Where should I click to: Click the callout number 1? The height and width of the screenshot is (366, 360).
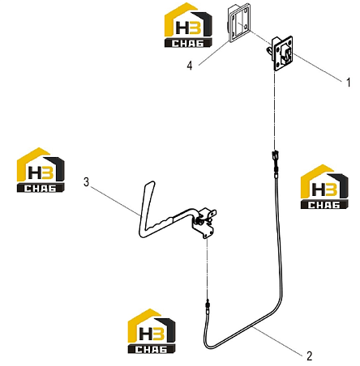(x=349, y=83)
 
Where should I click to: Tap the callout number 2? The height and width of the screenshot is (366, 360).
(x=310, y=356)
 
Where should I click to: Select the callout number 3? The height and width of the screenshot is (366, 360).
(x=86, y=182)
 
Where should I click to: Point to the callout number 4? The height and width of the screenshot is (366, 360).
(x=190, y=66)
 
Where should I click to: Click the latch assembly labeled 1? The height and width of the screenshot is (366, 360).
(x=281, y=53)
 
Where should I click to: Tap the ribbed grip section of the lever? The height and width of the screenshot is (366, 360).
(x=161, y=222)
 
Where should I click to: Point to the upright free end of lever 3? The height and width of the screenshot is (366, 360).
(x=149, y=184)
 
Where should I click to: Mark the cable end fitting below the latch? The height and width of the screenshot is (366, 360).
(x=275, y=161)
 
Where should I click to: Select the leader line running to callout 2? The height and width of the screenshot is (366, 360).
(x=277, y=340)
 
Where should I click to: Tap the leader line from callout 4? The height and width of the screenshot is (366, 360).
(x=213, y=53)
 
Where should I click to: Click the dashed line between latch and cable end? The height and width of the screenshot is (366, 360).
(x=275, y=111)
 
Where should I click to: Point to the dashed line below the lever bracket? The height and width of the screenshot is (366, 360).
(x=208, y=270)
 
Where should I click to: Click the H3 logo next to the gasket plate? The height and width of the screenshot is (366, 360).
(x=188, y=25)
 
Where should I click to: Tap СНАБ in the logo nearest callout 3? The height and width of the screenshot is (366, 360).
(x=41, y=188)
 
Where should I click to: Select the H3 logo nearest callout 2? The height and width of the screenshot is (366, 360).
(x=152, y=331)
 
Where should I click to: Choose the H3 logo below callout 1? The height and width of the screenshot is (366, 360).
(x=324, y=186)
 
